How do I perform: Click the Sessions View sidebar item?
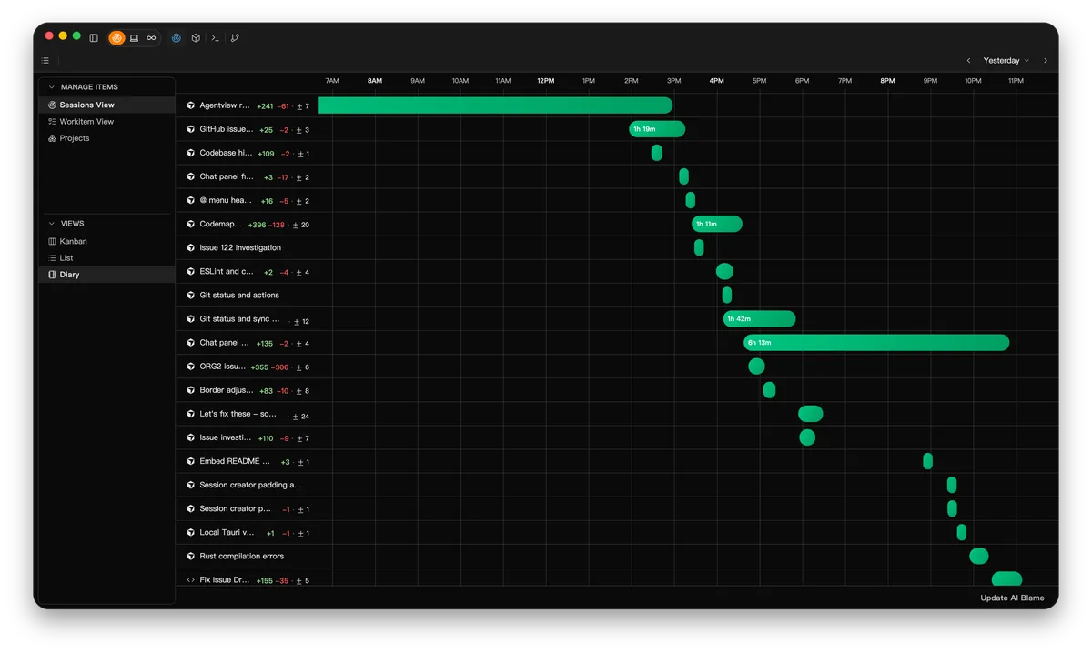point(86,105)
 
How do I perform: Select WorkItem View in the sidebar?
point(86,121)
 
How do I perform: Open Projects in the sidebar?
point(74,138)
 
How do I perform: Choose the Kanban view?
point(73,241)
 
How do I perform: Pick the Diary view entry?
point(69,275)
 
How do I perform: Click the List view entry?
point(66,257)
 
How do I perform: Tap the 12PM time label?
point(545,80)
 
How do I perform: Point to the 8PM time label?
point(887,80)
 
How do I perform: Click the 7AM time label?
point(332,80)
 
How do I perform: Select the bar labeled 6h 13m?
point(876,343)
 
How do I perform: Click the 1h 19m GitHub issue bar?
point(657,129)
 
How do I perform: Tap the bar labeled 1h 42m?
point(759,318)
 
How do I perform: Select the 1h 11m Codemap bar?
point(717,224)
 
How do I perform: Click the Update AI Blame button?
point(1012,598)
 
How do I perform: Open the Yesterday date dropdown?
point(1006,60)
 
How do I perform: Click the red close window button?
point(49,36)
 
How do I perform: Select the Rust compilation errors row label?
point(242,556)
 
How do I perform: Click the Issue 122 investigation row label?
point(240,247)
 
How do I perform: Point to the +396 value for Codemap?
point(257,225)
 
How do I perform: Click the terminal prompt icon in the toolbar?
point(215,38)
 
